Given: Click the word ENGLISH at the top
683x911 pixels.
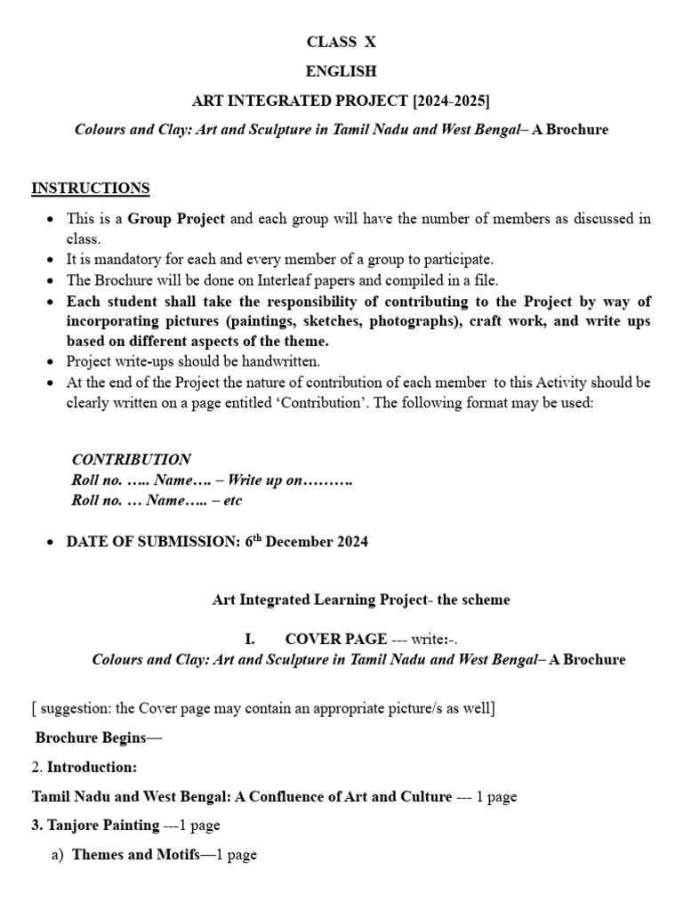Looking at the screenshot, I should pos(341,71).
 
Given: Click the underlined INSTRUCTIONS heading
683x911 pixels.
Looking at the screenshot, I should pos(91,189).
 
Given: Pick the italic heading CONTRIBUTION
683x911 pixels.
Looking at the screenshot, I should pos(131,460).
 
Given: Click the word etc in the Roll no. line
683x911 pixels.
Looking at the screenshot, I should pos(232,501).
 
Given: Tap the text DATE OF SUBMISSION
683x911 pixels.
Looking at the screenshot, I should pos(152,542).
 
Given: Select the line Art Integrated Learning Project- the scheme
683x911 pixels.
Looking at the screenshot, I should pos(361,600).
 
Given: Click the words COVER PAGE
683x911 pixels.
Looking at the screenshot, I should pos(335,639).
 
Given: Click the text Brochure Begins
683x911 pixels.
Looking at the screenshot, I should pos(99,738).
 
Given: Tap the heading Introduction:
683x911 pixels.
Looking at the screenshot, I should pos(92,767).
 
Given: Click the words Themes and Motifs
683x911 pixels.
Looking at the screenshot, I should pos(135,855).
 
